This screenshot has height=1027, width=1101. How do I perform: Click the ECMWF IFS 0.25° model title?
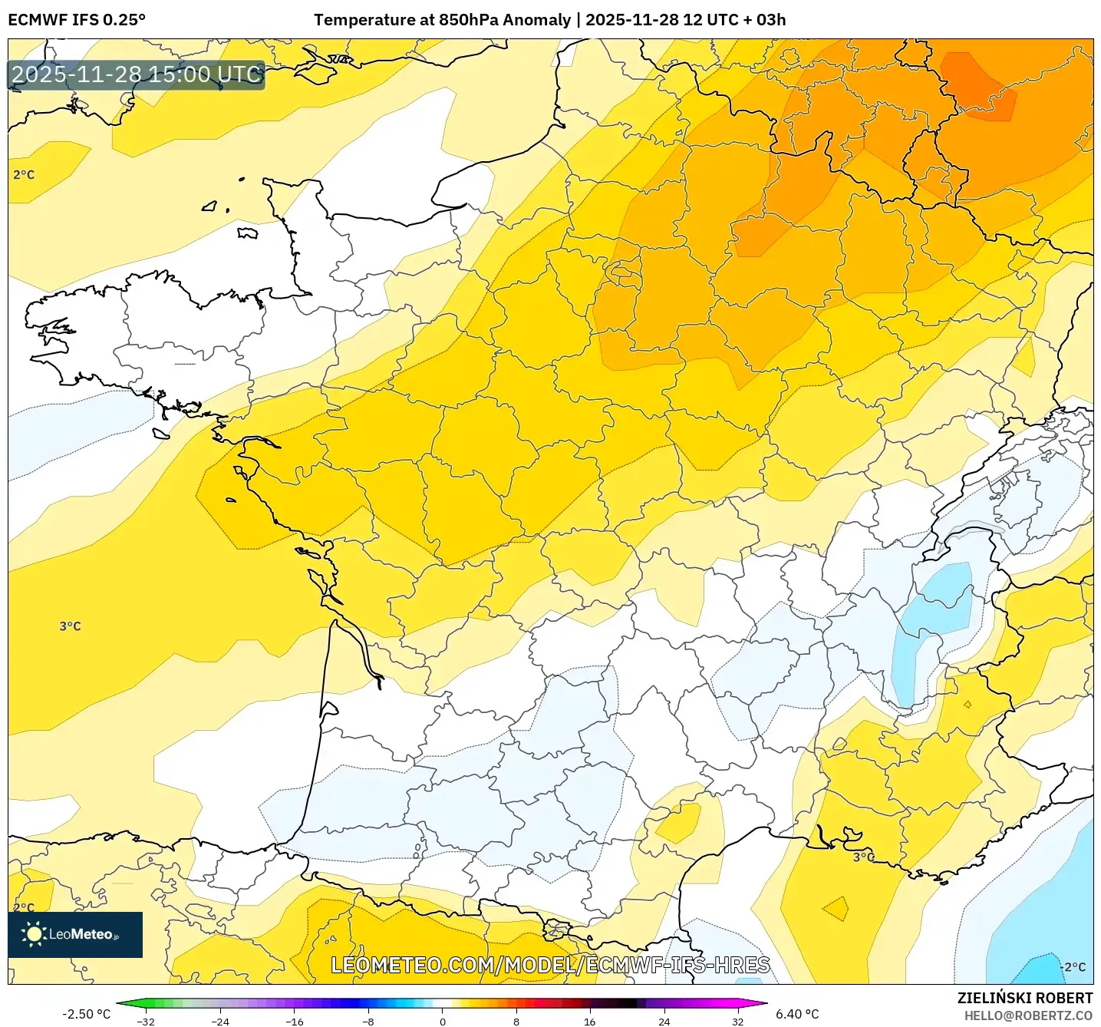point(77,20)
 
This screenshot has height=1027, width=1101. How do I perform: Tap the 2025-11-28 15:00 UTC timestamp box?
point(137,75)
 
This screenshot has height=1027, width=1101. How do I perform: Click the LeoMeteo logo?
point(75,934)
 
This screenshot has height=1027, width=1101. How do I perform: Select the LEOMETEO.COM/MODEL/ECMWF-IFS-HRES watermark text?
point(550,966)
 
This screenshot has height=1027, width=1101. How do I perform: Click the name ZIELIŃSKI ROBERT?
point(1024,998)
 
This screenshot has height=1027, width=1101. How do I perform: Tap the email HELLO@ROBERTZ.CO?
point(1027,1015)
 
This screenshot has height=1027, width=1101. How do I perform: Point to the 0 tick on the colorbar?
point(442,1022)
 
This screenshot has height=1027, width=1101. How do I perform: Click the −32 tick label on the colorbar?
point(145,1022)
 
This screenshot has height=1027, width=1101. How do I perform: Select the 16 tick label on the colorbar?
point(589,1022)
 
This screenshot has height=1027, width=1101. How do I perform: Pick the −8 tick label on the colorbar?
point(368,1022)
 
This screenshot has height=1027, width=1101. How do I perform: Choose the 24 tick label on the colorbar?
point(664,1022)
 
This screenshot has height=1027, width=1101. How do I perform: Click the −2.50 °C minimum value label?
point(86,1014)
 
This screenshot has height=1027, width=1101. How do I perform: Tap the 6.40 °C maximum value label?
point(797,1014)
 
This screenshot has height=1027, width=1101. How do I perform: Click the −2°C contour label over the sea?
point(1074,967)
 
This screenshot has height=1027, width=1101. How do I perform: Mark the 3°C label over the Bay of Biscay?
point(70,626)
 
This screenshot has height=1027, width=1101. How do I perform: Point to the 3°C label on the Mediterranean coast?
point(863,857)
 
